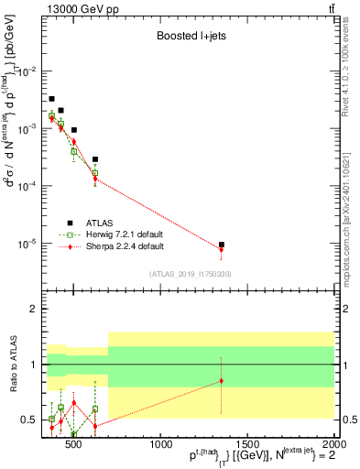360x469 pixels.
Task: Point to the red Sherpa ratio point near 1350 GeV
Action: [221, 380]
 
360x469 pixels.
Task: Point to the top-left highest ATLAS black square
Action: [51, 98]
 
